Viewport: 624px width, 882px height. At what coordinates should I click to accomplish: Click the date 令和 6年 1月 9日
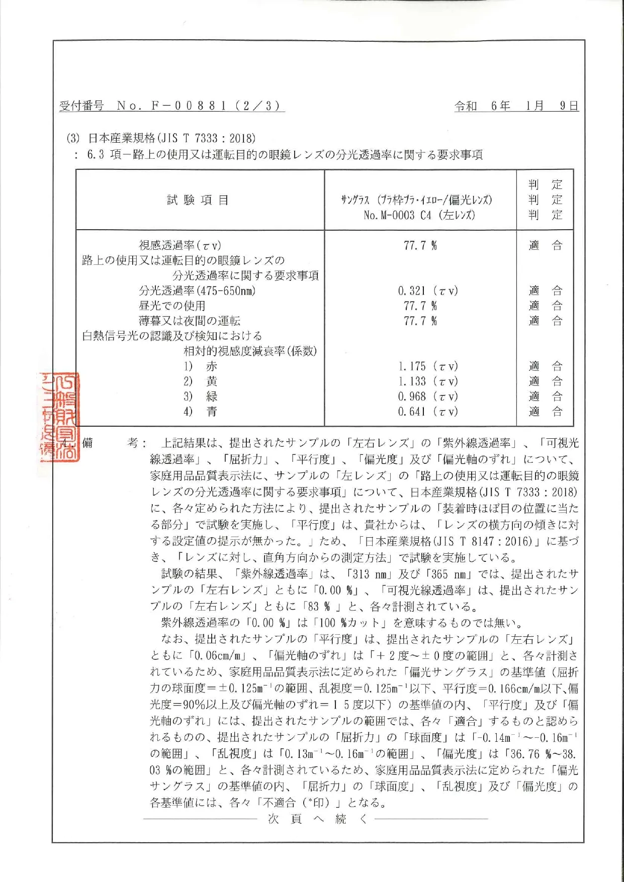pos(516,106)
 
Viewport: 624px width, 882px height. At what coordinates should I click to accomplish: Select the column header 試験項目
pos(198,200)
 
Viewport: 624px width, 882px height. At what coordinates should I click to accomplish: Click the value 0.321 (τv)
pos(428,291)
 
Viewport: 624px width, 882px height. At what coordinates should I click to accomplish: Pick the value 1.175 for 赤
pos(428,366)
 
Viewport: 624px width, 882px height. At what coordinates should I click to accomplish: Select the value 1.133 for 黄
pos(428,381)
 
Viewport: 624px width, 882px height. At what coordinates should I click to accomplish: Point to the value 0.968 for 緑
pos(428,397)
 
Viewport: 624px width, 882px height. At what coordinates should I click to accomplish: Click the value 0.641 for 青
pos(428,412)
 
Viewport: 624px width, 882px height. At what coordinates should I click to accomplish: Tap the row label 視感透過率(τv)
pos(180,245)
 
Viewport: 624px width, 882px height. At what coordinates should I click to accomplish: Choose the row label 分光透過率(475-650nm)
pos(197,291)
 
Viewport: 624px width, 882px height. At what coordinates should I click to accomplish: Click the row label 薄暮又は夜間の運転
pos(190,321)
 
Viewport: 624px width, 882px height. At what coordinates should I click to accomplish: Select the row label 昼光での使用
pos(172,306)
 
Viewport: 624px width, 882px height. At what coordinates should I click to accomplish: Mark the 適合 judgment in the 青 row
pos(545,412)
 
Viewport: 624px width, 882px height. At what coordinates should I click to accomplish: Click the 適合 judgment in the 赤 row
pos(545,366)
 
